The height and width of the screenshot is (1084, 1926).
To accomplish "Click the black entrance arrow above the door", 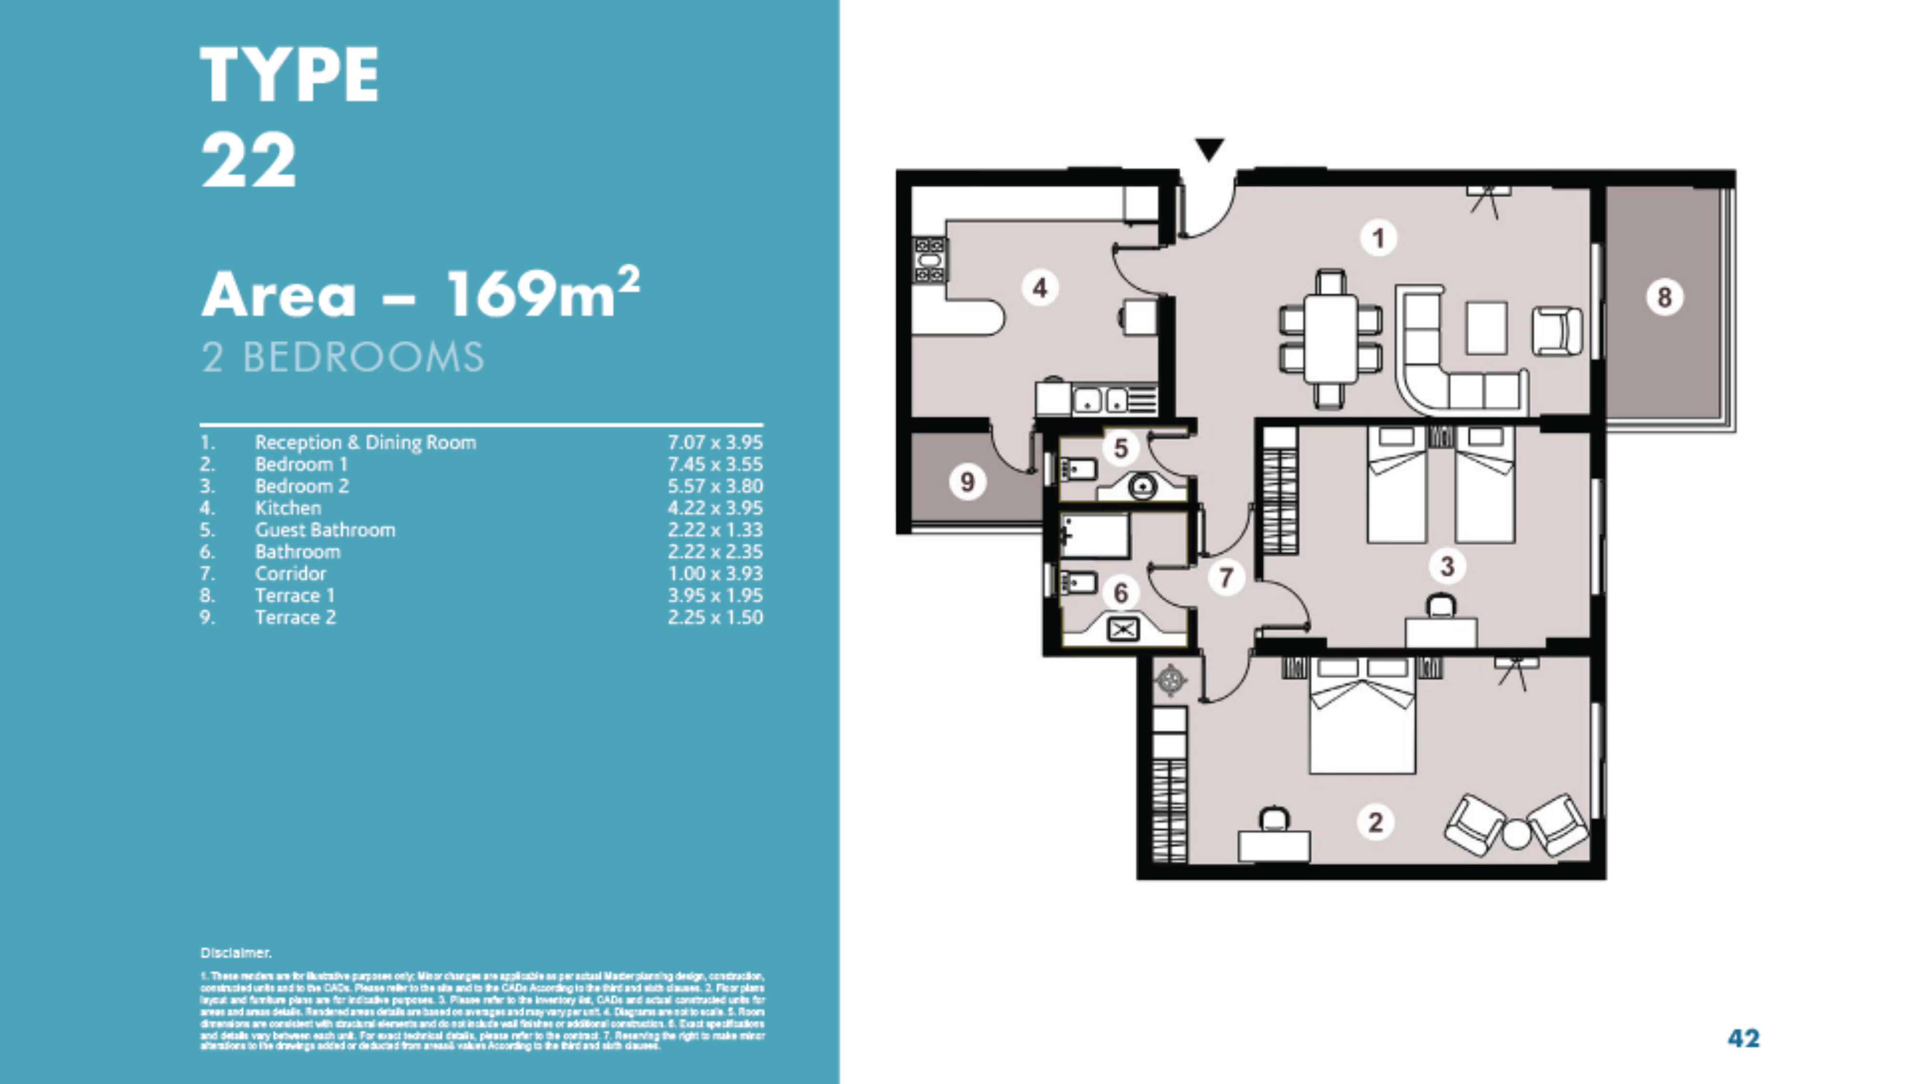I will tap(1209, 148).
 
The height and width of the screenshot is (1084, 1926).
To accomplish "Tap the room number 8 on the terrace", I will tap(1665, 297).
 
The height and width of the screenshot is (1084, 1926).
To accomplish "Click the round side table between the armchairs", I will tap(1516, 834).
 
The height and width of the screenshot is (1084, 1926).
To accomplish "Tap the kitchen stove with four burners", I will tap(929, 259).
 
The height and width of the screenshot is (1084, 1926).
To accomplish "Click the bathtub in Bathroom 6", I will tap(1094, 535).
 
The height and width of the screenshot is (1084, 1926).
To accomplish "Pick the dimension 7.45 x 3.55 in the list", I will tap(715, 464).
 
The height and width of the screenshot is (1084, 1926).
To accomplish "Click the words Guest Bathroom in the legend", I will tap(325, 530).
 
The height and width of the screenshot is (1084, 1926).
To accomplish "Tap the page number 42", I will tap(1743, 1038).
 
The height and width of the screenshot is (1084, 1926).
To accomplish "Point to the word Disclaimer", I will tap(235, 953).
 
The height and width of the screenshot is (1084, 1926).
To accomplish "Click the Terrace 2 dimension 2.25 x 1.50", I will tap(715, 618).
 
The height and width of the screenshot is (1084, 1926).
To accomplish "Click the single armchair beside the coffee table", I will tap(1557, 331).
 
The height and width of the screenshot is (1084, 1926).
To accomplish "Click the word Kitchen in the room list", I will tap(288, 508).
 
